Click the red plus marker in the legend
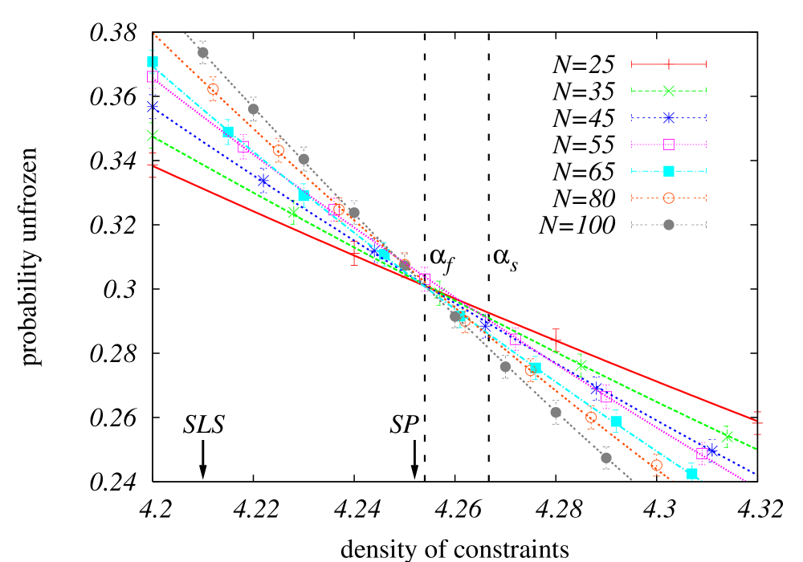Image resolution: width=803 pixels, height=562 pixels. (668, 64)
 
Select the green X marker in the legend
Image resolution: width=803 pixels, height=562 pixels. (668, 91)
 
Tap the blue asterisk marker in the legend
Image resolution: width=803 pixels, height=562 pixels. (668, 118)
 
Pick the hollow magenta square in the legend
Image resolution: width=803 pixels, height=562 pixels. (668, 145)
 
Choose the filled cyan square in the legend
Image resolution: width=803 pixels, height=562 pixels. (668, 171)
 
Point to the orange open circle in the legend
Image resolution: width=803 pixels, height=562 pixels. (668, 198)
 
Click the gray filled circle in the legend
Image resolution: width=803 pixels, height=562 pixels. (668, 225)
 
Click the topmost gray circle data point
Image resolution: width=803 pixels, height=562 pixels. (203, 52)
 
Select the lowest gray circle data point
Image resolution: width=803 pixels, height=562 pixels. (606, 458)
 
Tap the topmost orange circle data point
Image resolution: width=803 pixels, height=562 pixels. (213, 89)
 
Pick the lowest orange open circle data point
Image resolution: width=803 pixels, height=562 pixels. (657, 465)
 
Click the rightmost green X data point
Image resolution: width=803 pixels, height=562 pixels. (728, 437)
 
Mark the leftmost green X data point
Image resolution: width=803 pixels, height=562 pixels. (153, 135)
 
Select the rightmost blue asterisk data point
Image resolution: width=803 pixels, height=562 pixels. (711, 450)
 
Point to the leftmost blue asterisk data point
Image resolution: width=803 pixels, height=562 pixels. (153, 106)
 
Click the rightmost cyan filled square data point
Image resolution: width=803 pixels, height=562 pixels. (692, 474)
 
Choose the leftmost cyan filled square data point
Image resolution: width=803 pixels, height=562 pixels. (153, 62)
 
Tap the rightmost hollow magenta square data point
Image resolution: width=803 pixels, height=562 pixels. (702, 454)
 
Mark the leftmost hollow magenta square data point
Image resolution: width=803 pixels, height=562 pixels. (153, 76)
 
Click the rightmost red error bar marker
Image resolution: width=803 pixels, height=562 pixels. (756, 421)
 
